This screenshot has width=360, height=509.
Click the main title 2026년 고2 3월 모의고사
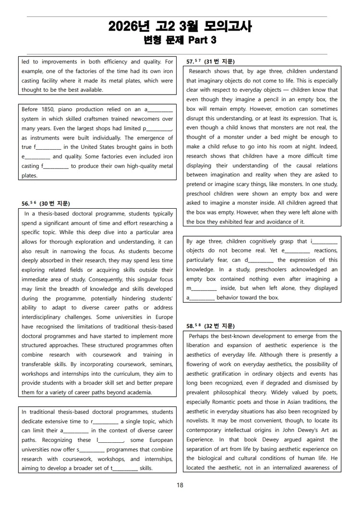pos(180,26)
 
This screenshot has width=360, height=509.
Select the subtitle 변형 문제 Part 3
pos(180,40)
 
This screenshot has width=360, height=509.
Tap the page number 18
pos(180,485)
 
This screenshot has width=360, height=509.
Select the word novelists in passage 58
pos(199,421)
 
